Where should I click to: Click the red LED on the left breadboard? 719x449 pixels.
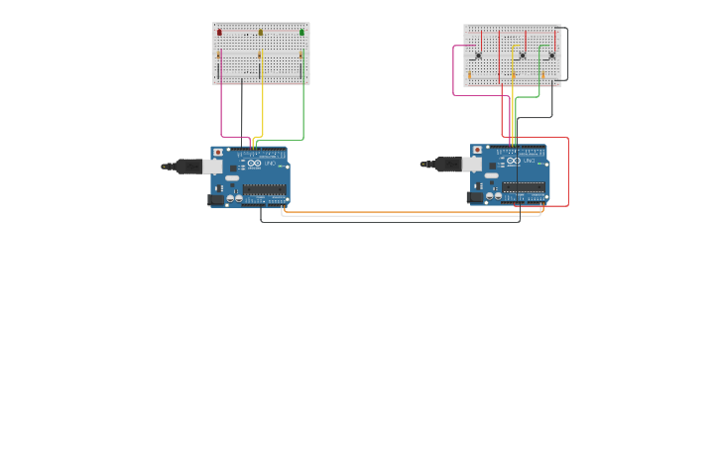(x=219, y=33)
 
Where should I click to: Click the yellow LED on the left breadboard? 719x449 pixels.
(x=261, y=33)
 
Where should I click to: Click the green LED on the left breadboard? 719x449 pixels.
(x=301, y=33)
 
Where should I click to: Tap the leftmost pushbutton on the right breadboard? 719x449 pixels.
(x=477, y=55)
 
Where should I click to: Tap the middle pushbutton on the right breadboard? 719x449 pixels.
(x=522, y=55)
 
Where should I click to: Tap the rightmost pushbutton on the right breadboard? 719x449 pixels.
(x=551, y=55)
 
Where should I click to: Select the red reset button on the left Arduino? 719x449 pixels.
(x=218, y=152)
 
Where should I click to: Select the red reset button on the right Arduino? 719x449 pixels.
(x=477, y=151)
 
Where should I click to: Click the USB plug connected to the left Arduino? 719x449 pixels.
(x=187, y=167)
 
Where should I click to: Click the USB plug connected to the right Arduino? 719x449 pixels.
(x=447, y=165)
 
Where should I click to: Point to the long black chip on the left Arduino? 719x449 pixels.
(x=264, y=188)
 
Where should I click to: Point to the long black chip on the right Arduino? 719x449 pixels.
(x=523, y=186)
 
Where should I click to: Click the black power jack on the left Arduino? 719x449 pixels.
(x=215, y=199)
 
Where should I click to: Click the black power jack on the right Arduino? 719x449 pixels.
(x=474, y=197)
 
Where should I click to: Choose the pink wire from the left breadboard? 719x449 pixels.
(x=221, y=109)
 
